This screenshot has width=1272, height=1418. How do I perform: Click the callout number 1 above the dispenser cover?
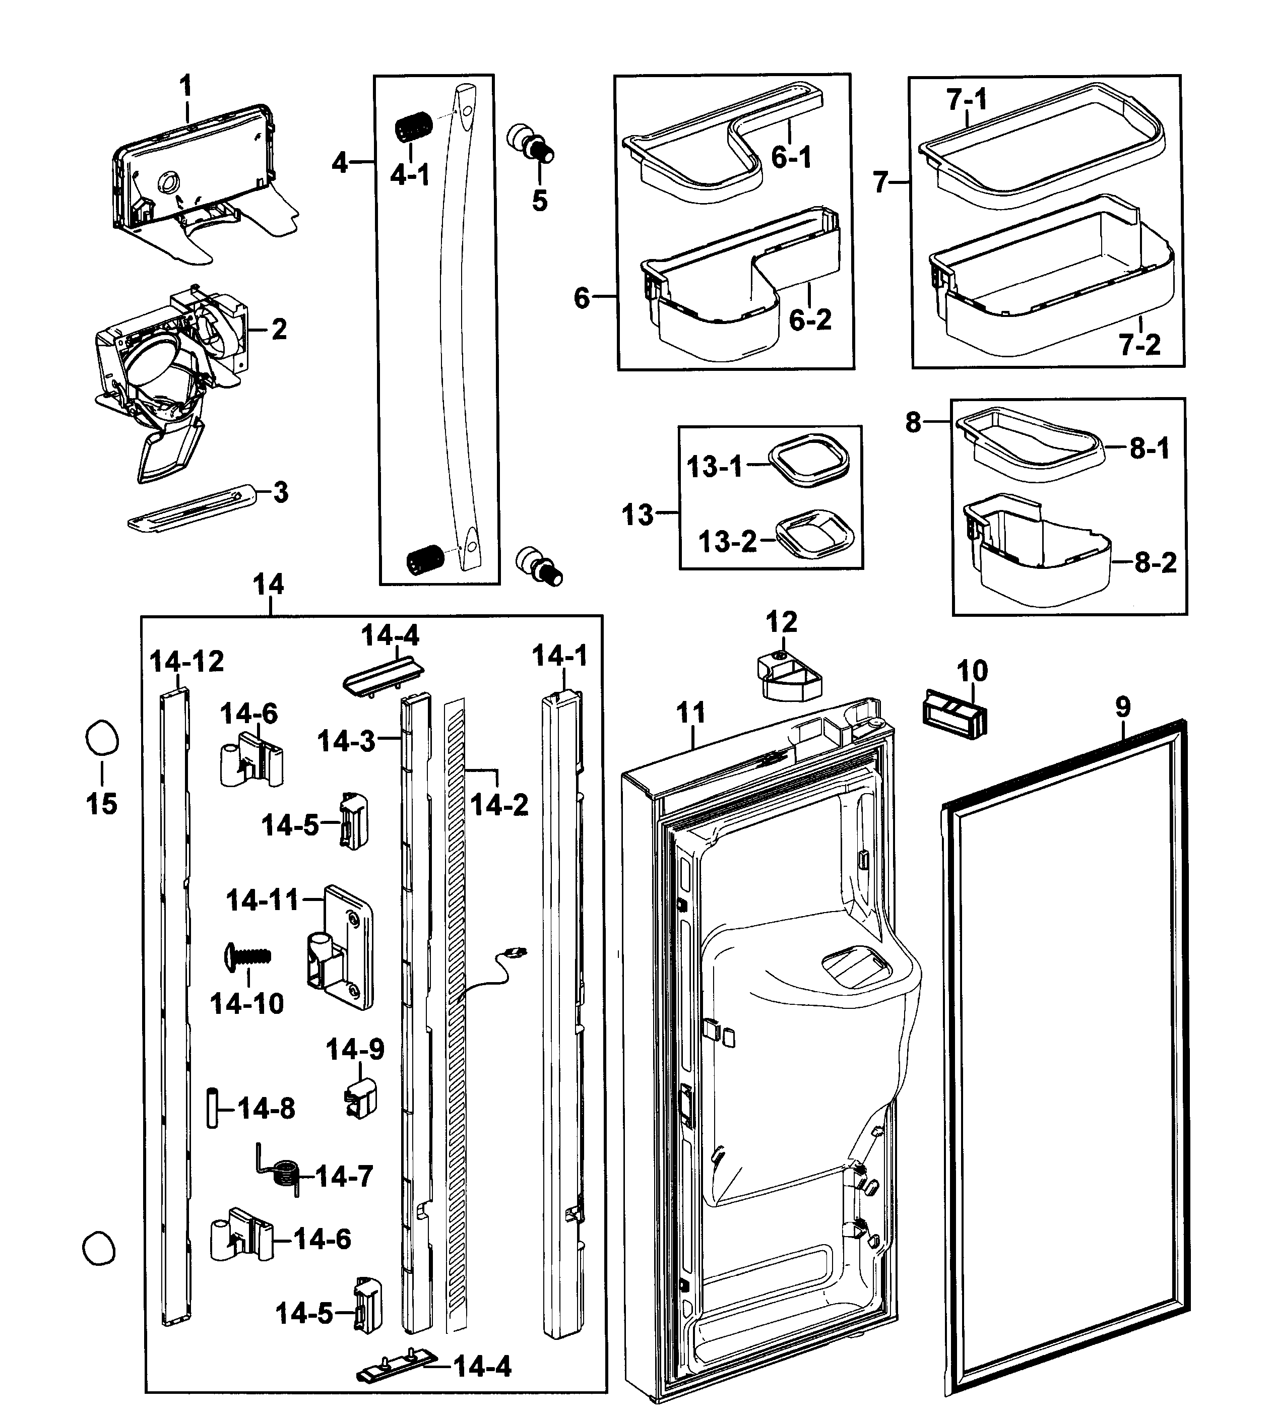(x=185, y=87)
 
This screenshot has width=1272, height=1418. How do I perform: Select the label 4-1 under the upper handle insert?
(x=410, y=175)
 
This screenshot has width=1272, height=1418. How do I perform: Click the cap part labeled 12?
(x=788, y=675)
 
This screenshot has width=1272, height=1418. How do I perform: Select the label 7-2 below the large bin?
(x=1140, y=345)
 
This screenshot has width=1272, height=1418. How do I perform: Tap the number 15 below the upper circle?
(x=101, y=804)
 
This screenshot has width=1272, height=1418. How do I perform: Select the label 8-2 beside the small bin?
(x=1155, y=562)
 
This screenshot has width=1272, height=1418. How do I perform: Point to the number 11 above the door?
(x=690, y=713)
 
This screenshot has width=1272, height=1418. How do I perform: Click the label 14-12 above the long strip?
(x=186, y=661)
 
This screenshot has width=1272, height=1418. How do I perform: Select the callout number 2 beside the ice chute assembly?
(x=279, y=329)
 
